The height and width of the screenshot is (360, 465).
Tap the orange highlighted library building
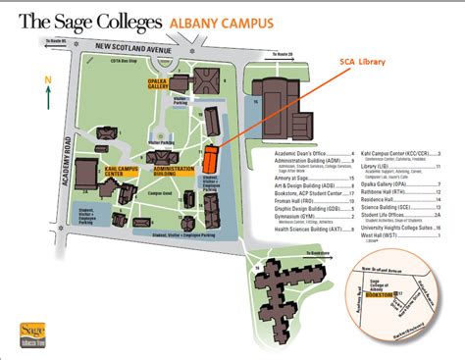pos(209,159)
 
